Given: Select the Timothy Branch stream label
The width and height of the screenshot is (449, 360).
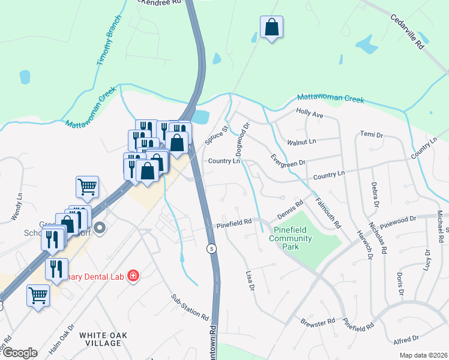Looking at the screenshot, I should tap(109, 41).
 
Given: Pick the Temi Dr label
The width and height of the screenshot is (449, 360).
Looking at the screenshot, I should tap(371, 134).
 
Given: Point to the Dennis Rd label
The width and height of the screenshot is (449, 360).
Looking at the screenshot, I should tap(290, 210).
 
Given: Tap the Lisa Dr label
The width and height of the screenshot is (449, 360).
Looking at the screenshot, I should tap(250, 280).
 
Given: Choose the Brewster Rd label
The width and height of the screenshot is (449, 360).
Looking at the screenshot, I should tap(318, 323).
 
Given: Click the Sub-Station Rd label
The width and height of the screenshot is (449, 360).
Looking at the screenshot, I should tap(189, 307).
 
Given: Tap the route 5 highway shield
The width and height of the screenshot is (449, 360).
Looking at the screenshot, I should tap(211, 248).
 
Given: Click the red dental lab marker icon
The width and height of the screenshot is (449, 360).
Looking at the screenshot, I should tap(133, 275).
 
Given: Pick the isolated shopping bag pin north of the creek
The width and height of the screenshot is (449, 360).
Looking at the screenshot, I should tap(271, 28).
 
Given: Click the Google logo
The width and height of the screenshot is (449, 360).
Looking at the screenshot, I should tap(19, 353).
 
